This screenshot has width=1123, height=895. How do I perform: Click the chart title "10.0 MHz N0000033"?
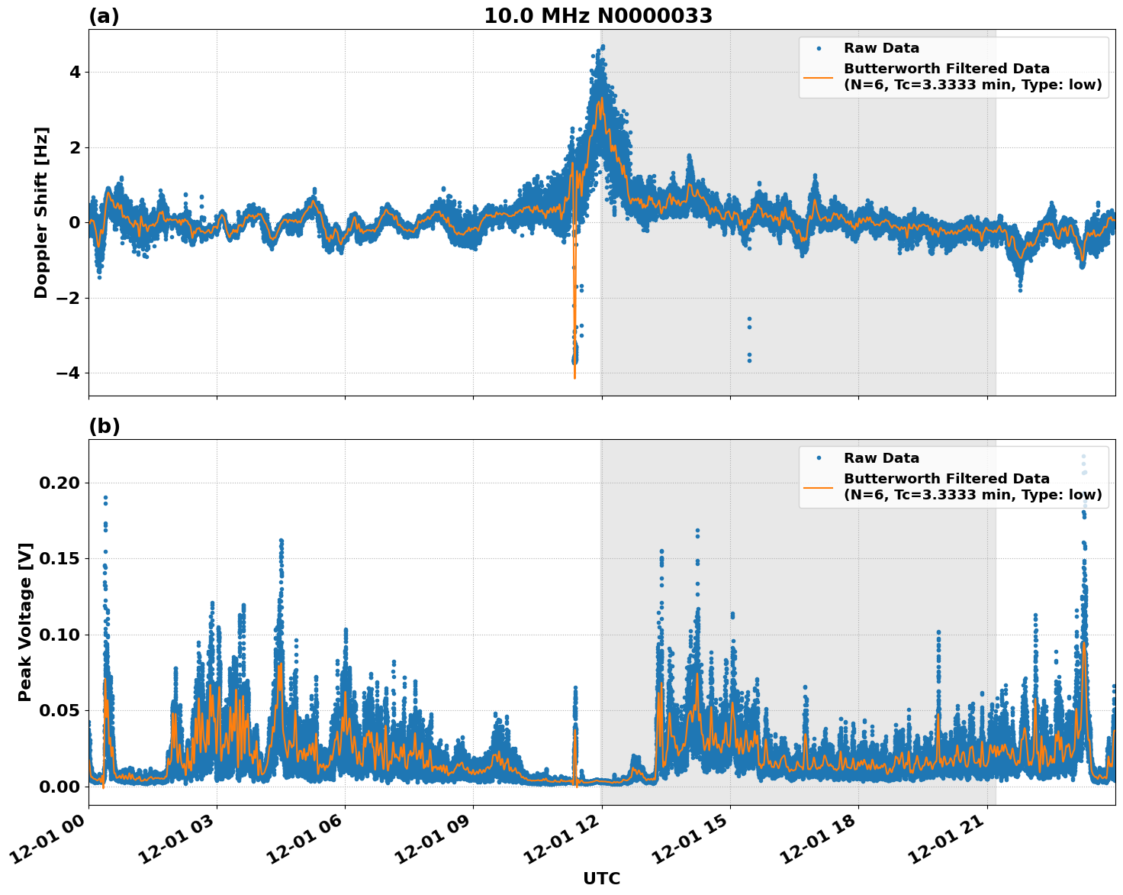point(598,16)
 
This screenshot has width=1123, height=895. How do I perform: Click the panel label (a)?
point(104,16)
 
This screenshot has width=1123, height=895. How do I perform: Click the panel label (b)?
point(104,426)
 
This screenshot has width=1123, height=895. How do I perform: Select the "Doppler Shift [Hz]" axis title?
point(41,212)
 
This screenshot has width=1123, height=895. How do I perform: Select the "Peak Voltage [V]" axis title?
point(25,622)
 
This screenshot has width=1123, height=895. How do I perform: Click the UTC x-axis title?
point(601,878)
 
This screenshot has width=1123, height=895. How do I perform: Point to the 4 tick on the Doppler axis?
point(75,73)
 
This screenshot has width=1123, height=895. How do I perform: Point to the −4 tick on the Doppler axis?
point(69,373)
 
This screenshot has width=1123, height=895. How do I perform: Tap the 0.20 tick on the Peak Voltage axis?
point(59,483)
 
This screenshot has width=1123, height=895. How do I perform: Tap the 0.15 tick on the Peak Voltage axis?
point(59,559)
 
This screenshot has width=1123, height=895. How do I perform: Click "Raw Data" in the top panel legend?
point(881,49)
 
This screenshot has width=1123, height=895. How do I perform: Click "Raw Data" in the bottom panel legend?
point(881,458)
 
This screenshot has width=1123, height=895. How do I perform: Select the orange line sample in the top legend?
point(818,77)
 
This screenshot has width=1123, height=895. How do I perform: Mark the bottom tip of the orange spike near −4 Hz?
point(574,377)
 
